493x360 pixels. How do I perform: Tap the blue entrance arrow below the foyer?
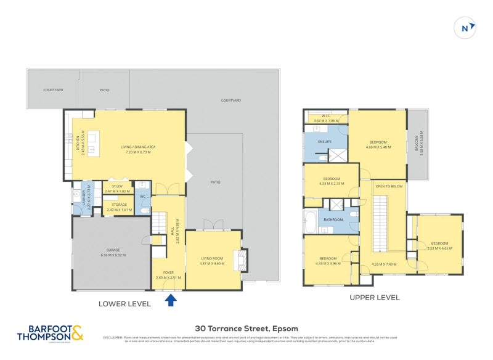171,300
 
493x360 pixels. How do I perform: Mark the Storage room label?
119,205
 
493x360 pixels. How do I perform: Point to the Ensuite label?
325,142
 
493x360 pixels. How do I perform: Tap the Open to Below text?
389,186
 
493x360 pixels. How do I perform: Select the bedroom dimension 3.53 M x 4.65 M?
439,248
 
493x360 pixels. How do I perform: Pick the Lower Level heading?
124,303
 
